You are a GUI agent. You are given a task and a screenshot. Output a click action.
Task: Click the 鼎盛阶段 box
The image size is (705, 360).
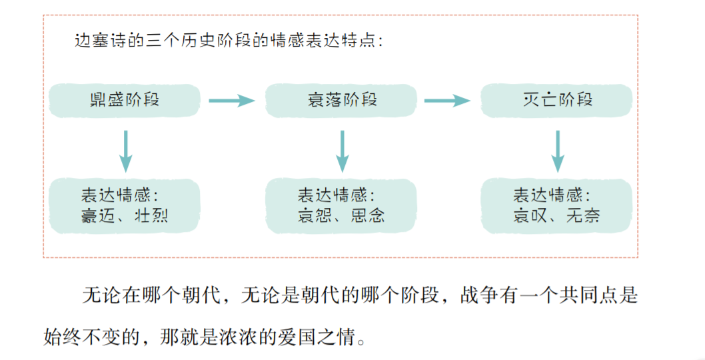125,101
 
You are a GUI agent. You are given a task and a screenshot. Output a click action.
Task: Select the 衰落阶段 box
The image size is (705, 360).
342,101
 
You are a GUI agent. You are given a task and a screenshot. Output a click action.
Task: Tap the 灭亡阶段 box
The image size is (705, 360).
557,101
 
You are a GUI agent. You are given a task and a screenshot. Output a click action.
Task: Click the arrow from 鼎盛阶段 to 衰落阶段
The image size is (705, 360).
232,101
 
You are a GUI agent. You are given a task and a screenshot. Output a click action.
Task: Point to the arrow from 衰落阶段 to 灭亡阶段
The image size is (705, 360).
448,101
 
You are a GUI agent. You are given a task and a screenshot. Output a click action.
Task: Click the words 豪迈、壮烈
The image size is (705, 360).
125,215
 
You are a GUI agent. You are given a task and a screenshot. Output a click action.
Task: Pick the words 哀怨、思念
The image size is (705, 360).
341,215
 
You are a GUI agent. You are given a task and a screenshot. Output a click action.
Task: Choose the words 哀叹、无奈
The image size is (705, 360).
556,215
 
